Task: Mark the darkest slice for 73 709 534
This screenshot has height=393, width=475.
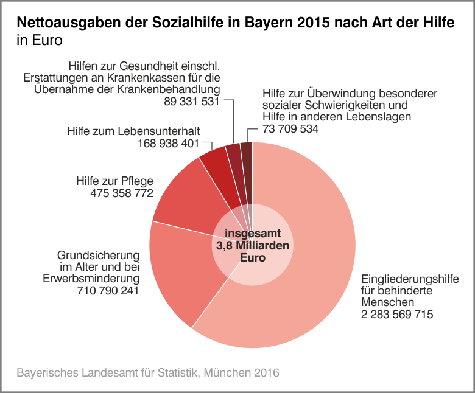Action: pyautogui.click(x=247, y=158)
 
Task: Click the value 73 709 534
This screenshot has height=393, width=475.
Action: pyautogui.click(x=290, y=129)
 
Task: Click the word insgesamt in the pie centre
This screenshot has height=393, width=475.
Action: pyautogui.click(x=252, y=234)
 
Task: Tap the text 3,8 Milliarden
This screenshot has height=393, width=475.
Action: pyautogui.click(x=252, y=246)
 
